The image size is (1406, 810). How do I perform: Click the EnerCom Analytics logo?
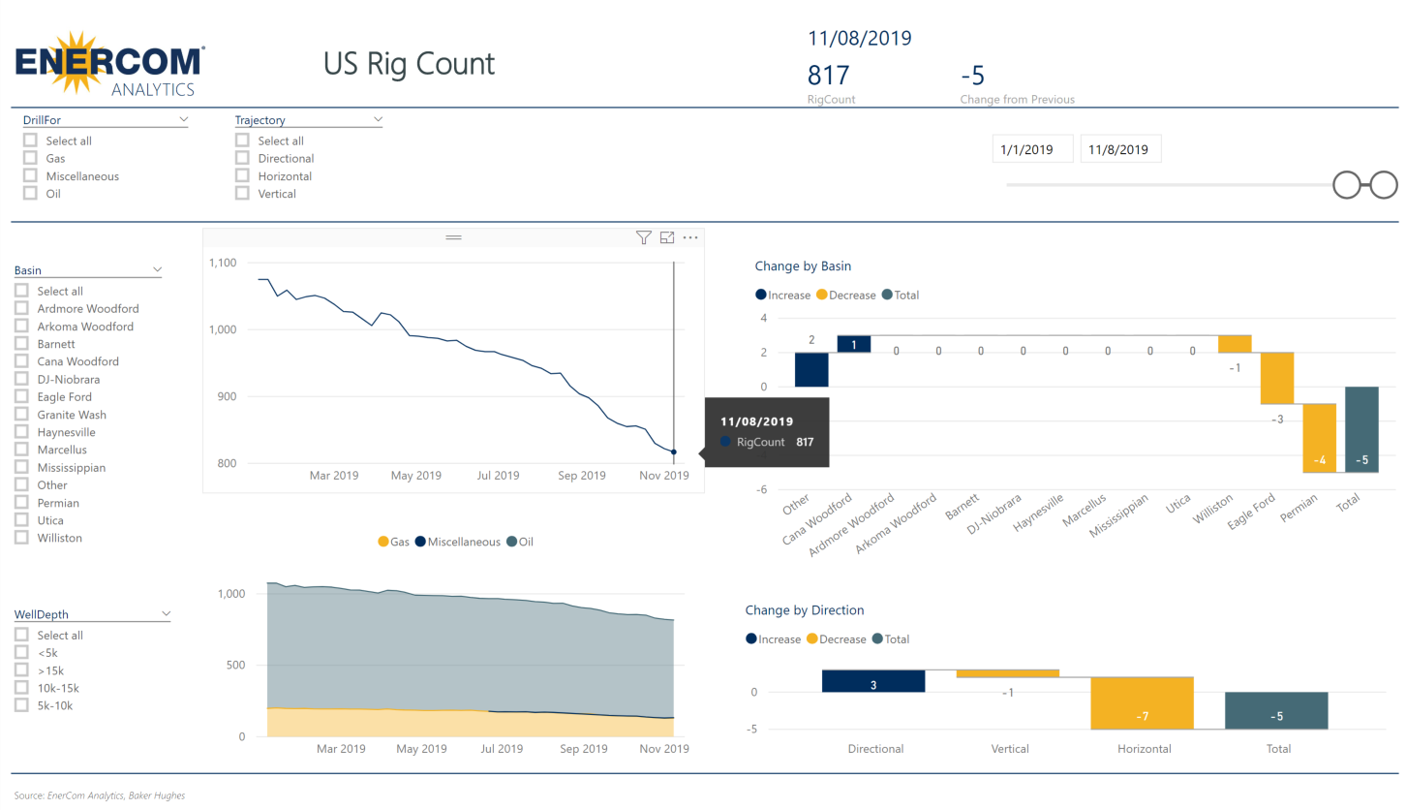(x=109, y=64)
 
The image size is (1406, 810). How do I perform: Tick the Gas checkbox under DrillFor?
(x=31, y=158)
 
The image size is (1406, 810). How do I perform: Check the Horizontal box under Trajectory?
(x=242, y=176)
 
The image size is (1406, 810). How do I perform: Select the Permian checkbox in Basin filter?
(x=21, y=503)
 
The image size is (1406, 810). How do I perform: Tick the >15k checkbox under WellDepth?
(x=21, y=670)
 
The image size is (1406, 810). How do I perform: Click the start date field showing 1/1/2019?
(x=1032, y=149)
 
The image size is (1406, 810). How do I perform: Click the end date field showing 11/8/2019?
(x=1119, y=149)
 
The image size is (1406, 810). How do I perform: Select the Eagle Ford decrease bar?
(x=1276, y=378)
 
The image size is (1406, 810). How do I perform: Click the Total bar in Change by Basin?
(x=1361, y=429)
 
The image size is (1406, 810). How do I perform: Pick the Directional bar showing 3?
(x=873, y=681)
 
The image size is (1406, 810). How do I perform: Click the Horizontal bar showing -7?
(x=1142, y=702)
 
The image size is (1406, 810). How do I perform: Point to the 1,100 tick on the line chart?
(x=223, y=263)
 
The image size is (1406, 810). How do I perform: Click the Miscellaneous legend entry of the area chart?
(x=457, y=543)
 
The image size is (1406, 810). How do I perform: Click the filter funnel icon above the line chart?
(x=643, y=237)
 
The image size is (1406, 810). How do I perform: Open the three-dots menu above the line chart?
(x=690, y=237)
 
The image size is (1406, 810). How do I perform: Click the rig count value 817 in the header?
(x=828, y=76)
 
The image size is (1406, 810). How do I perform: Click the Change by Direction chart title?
(x=804, y=610)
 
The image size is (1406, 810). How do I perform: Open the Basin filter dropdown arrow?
(x=157, y=270)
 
